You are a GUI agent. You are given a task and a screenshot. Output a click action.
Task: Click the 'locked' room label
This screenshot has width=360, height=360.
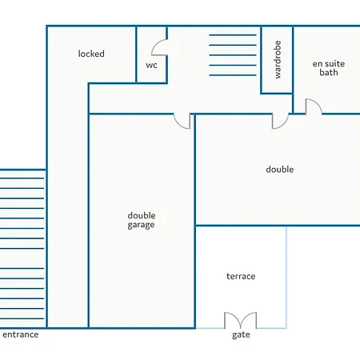pos(91,54)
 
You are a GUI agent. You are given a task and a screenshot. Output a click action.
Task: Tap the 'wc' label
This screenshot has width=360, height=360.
pos(151,66)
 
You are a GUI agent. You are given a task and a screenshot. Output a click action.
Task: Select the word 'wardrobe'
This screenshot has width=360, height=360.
pos(278,59)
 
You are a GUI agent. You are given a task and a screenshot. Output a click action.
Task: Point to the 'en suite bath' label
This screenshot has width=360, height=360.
pos(329,68)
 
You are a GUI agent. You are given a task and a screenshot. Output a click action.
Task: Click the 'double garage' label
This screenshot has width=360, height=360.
pos(142,220)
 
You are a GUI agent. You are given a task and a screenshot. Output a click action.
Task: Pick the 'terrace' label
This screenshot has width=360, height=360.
pos(241,276)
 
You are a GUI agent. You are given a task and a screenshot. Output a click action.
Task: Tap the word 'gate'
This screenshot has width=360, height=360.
pos(241,335)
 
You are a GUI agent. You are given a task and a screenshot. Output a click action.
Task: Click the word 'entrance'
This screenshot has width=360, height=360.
pos(21,334)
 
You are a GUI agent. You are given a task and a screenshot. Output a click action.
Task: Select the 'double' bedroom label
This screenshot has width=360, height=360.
pos(280,170)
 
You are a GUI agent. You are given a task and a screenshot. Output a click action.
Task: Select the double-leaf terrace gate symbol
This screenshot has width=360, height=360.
pos(241,320)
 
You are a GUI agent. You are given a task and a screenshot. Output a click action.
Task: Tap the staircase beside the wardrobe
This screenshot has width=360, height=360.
pos(233,55)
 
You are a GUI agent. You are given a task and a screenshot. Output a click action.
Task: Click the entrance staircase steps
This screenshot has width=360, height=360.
pos(22,248)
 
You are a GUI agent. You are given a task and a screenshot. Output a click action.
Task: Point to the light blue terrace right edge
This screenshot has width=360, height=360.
pos(286,277)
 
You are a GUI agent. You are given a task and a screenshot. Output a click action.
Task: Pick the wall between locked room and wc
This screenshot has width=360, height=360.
pos(136,54)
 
